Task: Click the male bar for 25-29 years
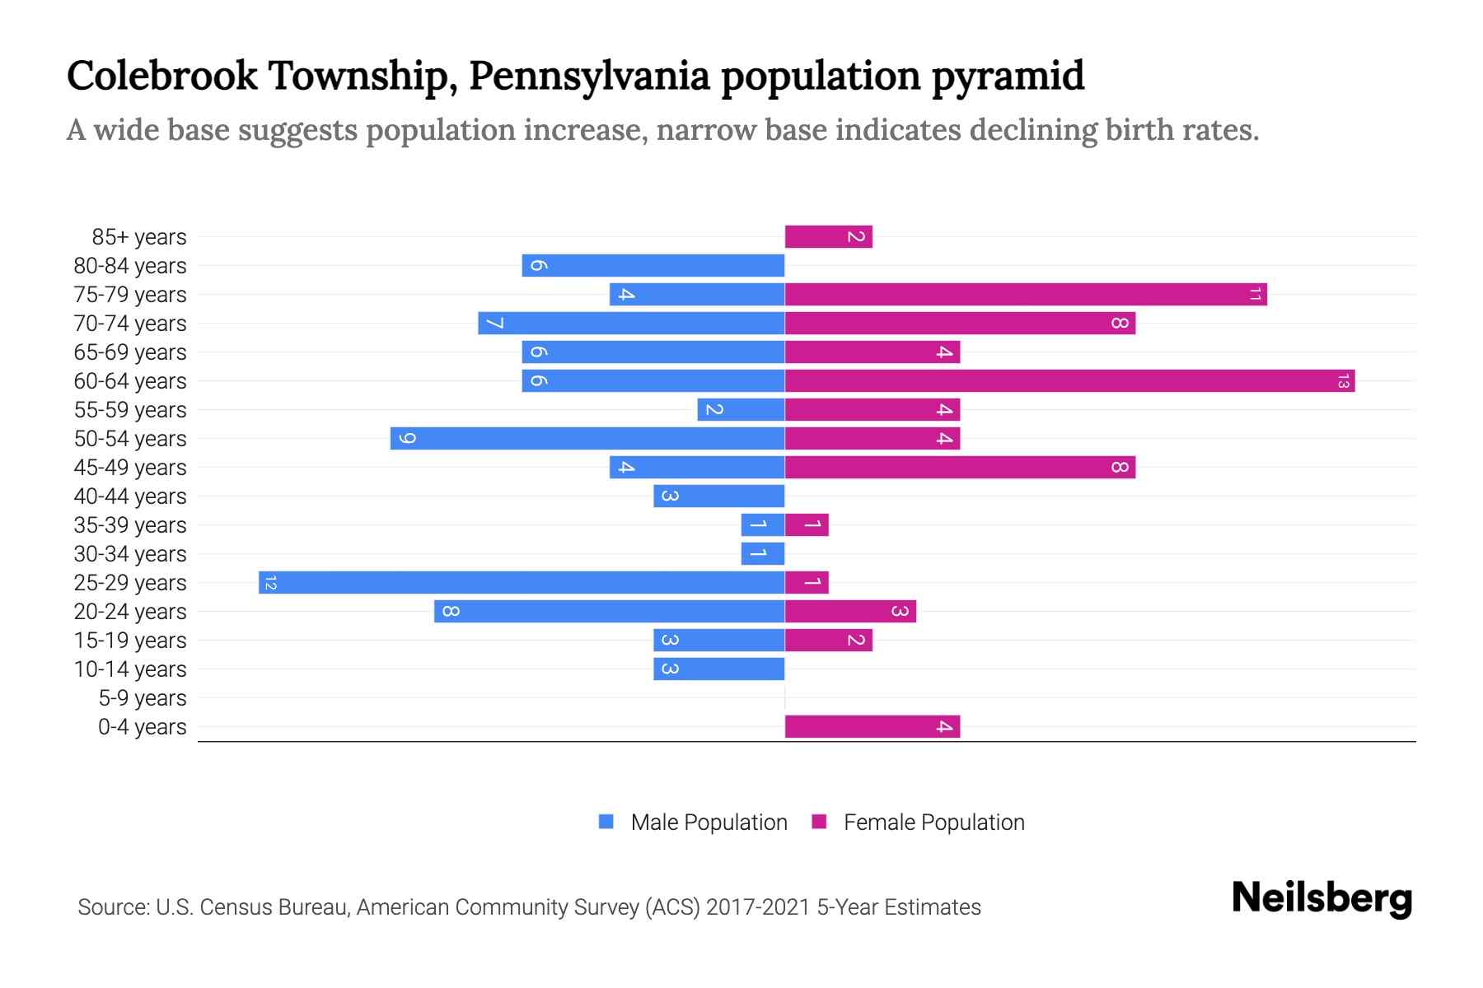coord(521,582)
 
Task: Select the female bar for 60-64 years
coord(1069,380)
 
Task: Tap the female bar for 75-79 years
coord(1026,294)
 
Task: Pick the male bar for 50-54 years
coord(587,438)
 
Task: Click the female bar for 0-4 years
coord(872,726)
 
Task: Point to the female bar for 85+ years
coord(828,236)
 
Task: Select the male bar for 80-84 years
coord(653,265)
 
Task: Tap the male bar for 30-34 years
coord(762,553)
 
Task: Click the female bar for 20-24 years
coord(850,611)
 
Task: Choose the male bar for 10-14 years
coord(718,669)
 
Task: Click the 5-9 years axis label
coord(142,698)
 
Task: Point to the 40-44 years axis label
coord(130,496)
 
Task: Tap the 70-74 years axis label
coord(130,324)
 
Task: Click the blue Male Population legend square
coord(606,822)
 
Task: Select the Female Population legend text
coord(933,822)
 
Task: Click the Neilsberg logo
coord(1322,898)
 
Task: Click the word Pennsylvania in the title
coord(589,76)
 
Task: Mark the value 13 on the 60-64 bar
coord(1343,381)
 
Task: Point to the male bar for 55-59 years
coord(740,409)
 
